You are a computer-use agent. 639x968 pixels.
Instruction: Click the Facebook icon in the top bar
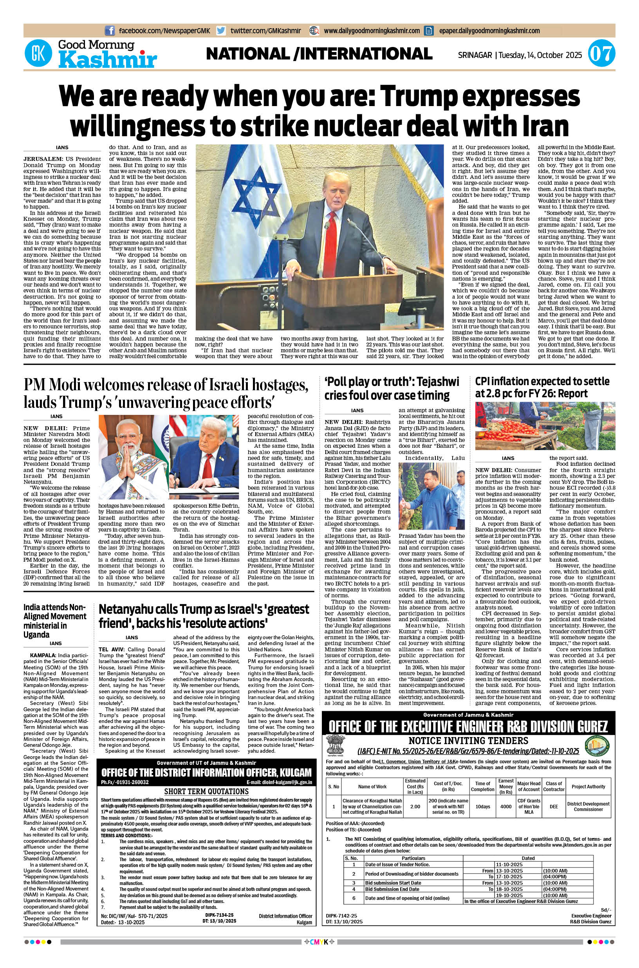coord(110,31)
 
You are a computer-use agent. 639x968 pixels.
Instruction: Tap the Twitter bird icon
coord(221,31)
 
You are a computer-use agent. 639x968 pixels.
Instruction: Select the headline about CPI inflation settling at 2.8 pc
coord(542,387)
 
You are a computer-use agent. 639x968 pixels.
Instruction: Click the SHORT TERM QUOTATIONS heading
coord(206,791)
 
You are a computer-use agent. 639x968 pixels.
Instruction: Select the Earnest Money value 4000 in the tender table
coord(506,806)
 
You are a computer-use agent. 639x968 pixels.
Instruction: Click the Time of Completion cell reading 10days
coord(482,806)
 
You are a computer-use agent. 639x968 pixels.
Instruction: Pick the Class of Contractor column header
coord(554,786)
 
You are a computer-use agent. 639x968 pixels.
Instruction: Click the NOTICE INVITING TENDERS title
coord(468,740)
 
